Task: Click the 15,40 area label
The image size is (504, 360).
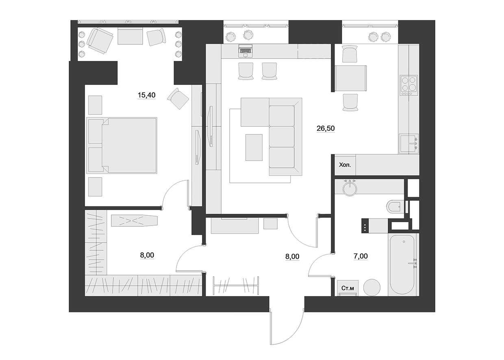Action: click(147, 95)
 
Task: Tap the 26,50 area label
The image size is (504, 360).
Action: click(326, 128)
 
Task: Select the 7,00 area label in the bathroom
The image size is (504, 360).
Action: click(361, 256)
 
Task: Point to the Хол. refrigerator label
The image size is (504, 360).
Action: click(345, 165)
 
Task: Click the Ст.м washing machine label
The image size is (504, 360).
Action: click(348, 288)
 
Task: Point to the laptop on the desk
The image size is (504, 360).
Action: click(245, 50)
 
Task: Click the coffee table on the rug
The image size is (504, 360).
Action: click(254, 147)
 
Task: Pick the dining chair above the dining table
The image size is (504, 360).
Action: click(350, 54)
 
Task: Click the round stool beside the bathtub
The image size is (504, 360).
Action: click(371, 287)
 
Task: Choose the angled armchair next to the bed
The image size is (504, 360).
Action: click(178, 98)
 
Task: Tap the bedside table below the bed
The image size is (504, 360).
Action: click(95, 187)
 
